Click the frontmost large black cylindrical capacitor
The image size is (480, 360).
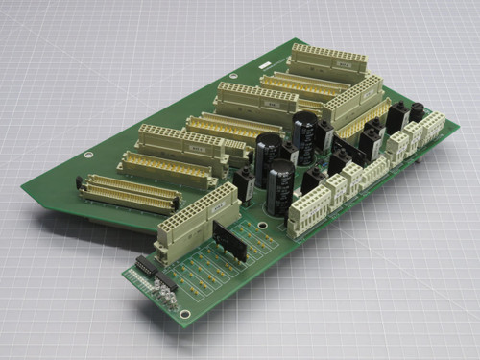click(282, 185)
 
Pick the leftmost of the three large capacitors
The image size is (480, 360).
click(268, 153)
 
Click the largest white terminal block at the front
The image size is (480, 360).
click(309, 216)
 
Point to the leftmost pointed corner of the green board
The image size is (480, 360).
click(22, 189)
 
